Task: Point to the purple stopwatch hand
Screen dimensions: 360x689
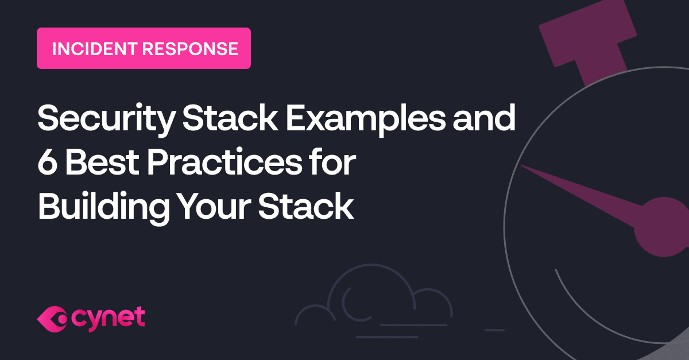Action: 580,187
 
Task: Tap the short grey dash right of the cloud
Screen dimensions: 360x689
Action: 494,330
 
